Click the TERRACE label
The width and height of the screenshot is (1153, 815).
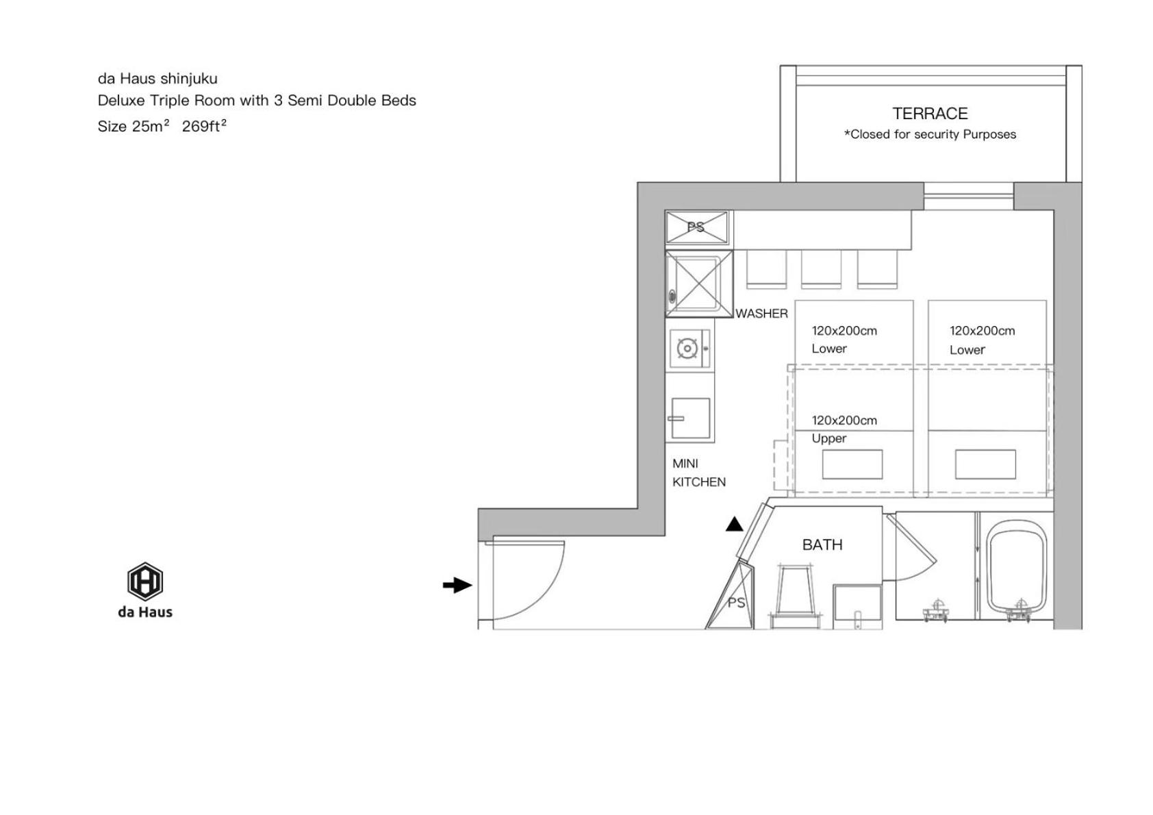click(x=930, y=113)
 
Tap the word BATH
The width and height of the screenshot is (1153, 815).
click(x=822, y=544)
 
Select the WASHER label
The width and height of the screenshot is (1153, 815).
click(x=761, y=314)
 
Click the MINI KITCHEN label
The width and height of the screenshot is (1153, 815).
click(x=698, y=473)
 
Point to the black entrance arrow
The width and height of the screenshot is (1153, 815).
click(x=457, y=585)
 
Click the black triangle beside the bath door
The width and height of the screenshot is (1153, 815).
click(x=735, y=524)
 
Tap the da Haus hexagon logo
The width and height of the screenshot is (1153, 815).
click(x=145, y=581)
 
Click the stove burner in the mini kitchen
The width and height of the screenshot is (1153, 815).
click(x=687, y=349)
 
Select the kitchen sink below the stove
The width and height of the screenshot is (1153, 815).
click(x=690, y=418)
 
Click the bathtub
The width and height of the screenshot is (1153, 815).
click(x=1015, y=568)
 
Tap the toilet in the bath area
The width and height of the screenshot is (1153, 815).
click(x=796, y=596)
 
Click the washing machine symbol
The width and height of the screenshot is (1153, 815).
click(x=699, y=284)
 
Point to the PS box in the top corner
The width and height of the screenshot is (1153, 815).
click(x=696, y=227)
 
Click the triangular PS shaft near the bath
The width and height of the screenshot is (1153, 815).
click(x=734, y=599)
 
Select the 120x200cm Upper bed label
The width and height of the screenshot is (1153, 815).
click(x=844, y=429)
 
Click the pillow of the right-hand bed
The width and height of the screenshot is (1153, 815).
click(x=985, y=464)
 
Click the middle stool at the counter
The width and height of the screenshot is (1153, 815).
click(x=821, y=269)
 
